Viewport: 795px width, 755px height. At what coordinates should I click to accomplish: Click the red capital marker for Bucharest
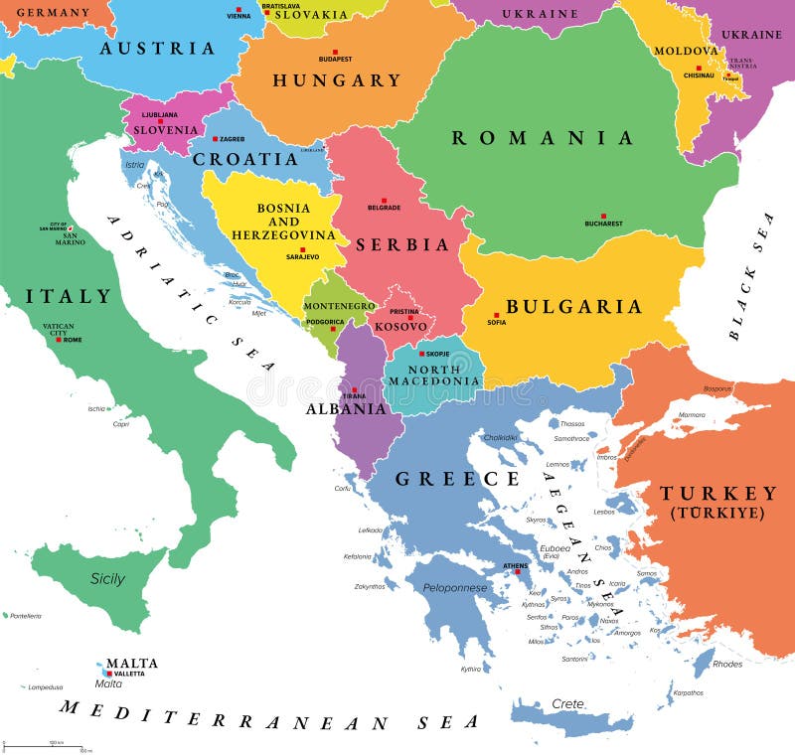[x=603, y=215]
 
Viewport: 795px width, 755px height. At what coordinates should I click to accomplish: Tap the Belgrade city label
[x=384, y=208]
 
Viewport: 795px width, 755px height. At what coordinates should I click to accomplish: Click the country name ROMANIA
[x=543, y=138]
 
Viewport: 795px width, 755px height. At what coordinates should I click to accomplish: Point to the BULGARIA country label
[x=573, y=306]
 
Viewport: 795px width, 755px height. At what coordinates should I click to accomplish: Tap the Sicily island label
[x=107, y=578]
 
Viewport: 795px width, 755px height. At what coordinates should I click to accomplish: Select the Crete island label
[x=568, y=703]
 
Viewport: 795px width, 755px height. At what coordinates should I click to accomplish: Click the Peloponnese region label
[x=454, y=587]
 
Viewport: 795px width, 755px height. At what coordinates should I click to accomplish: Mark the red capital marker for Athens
[x=516, y=572]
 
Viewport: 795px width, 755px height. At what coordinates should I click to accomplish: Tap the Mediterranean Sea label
[x=268, y=714]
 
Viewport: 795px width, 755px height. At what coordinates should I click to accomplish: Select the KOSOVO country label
[x=400, y=326]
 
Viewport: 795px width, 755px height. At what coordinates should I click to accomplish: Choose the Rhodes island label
[x=727, y=664]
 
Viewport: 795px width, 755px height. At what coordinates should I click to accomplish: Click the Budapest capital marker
[x=335, y=52]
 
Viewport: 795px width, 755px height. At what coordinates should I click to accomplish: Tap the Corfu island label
[x=344, y=488]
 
